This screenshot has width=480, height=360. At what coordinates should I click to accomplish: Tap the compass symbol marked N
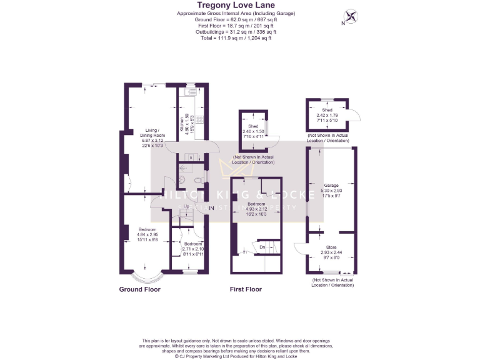point(351,16)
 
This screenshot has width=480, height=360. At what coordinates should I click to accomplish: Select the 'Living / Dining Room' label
point(153,135)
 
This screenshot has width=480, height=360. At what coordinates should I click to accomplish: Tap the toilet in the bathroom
point(198,180)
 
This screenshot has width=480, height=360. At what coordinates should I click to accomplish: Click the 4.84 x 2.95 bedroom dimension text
point(149,235)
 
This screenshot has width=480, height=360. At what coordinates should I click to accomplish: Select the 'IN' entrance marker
point(211,207)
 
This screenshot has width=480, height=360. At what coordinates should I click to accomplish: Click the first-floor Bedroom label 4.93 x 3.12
point(257,209)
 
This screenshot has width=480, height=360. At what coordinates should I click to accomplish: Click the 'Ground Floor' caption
point(140,289)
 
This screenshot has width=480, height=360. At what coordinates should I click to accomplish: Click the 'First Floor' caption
point(246,289)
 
